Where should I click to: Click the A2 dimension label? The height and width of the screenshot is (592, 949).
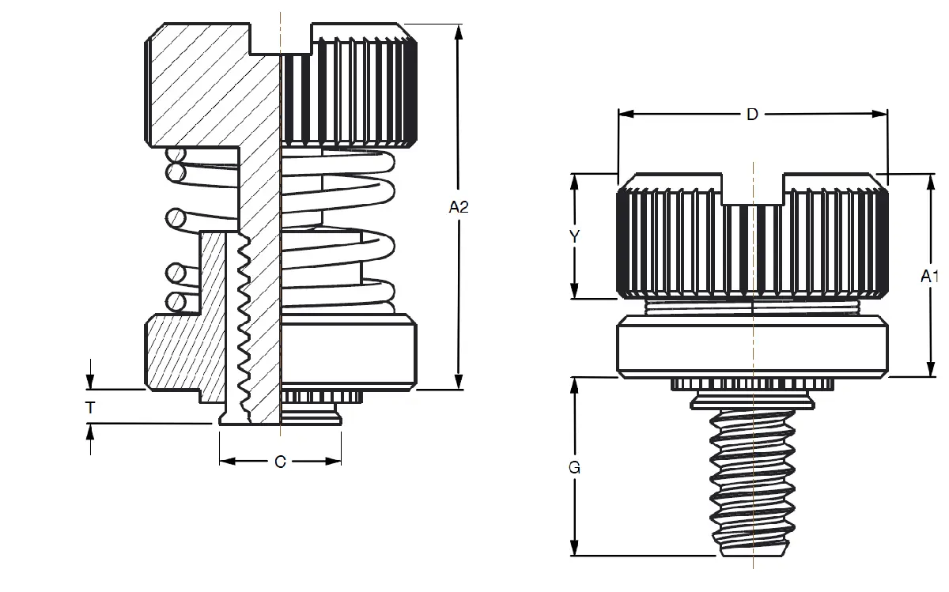(459, 207)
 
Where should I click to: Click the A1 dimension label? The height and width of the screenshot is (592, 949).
(929, 276)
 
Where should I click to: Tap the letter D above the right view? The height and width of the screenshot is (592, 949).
(752, 115)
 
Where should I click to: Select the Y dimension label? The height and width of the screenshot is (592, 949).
(575, 236)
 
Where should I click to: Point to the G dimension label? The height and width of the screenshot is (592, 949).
(575, 467)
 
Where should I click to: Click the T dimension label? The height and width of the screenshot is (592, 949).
(91, 408)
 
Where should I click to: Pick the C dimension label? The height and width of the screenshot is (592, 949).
(280, 462)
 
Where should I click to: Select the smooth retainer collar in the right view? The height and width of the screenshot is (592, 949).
(751, 345)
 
